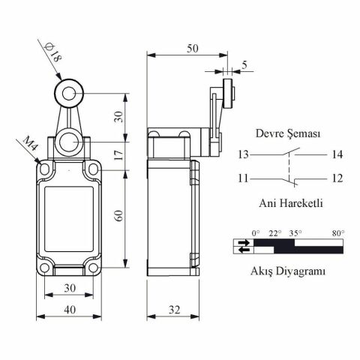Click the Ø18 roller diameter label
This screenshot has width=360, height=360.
[x=52, y=53]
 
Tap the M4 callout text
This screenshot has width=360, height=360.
[x=31, y=144]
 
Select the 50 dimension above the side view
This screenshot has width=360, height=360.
[x=193, y=49]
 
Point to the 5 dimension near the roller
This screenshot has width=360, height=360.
[x=244, y=65]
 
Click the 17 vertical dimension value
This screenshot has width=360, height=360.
[x=120, y=155]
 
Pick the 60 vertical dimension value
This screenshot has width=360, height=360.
[x=119, y=216]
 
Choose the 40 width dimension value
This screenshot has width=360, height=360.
[x=70, y=310]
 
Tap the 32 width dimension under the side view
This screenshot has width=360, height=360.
[x=174, y=310]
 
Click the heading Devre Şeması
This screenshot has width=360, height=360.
[x=288, y=133]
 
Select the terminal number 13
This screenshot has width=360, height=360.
[x=243, y=154]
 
